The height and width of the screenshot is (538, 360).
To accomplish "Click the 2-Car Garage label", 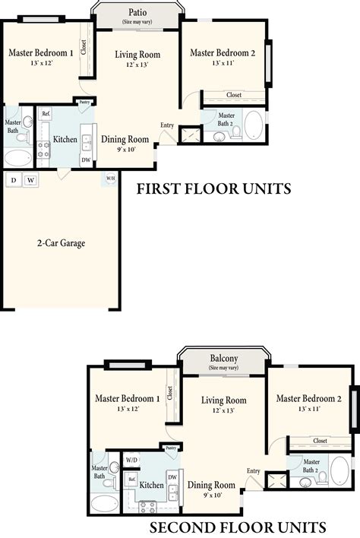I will pyautogui.click(x=61, y=244).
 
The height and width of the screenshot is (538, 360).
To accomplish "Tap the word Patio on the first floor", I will pyautogui.click(x=137, y=13).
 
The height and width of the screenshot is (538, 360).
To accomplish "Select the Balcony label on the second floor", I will pyautogui.click(x=224, y=359).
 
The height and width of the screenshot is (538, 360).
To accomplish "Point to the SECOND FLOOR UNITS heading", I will pyautogui.click(x=238, y=527).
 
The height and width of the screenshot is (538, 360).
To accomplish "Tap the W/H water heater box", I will pyautogui.click(x=111, y=179).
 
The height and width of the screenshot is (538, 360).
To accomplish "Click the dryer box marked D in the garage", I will pyautogui.click(x=14, y=180).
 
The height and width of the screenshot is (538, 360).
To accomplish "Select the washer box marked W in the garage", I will pyautogui.click(x=31, y=180).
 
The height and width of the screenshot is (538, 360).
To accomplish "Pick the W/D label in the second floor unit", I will pyautogui.click(x=131, y=460).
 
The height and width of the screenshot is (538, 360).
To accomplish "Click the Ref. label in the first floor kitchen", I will pyautogui.click(x=46, y=115).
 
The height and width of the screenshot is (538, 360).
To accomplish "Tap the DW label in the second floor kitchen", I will pyautogui.click(x=172, y=476).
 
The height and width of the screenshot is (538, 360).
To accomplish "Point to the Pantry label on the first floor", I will pyautogui.click(x=84, y=102).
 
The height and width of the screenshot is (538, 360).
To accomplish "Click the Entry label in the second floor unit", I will pyautogui.click(x=253, y=470).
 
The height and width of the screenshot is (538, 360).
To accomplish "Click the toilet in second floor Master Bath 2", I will pyautogui.click(x=322, y=477).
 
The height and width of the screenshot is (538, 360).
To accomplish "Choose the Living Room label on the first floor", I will pyautogui.click(x=137, y=55).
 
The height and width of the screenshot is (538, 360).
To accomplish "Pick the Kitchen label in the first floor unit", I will pyautogui.click(x=65, y=140).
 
